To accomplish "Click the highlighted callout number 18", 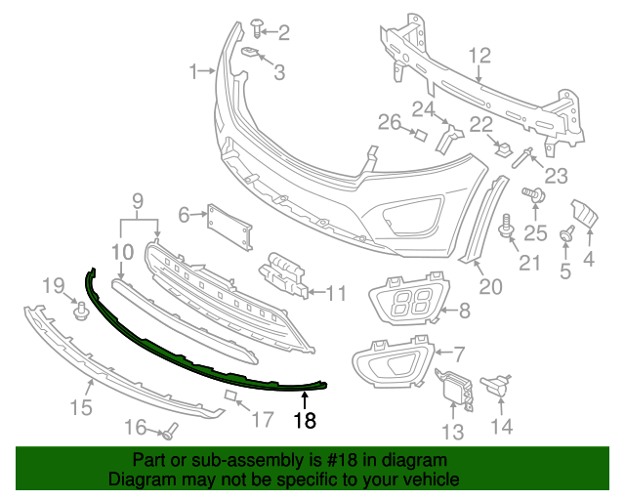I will tap(305, 421).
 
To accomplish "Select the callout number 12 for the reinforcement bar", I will tap(479, 56).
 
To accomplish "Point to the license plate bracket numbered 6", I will tap(229, 230).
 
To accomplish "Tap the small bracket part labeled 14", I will tap(500, 385).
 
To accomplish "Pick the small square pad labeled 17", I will tap(230, 396).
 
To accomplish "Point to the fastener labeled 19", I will tap(81, 312).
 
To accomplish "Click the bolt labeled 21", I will tap(506, 229).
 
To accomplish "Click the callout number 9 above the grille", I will tap(138, 202).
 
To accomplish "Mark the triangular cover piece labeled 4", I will tap(584, 215).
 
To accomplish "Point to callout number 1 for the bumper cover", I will tap(193, 70).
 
